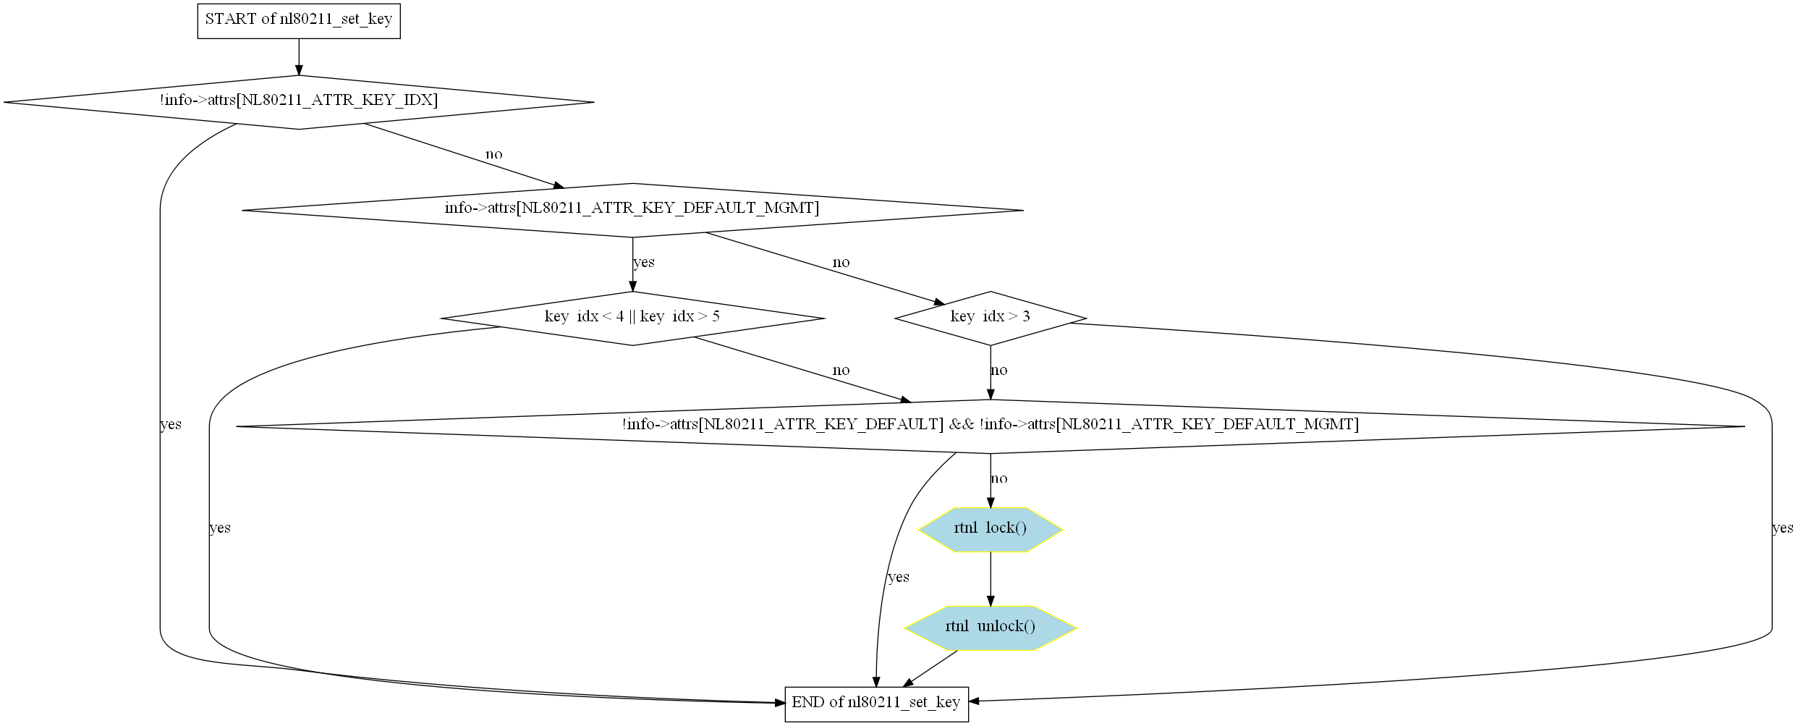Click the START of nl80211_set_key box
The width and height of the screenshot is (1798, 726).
298,20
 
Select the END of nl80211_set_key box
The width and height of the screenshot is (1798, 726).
875,702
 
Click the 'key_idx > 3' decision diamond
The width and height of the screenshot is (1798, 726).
990,318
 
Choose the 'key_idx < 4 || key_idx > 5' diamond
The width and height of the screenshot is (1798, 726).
632,318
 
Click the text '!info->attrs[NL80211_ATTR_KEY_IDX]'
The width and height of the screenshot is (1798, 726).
298,101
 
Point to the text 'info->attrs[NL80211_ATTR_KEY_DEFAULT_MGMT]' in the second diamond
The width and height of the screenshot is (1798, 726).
632,208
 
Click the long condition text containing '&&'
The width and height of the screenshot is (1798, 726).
990,425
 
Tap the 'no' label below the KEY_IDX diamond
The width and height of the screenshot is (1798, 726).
493,154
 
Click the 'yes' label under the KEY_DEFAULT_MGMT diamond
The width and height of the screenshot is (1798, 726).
643,263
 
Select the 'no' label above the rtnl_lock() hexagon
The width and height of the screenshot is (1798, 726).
998,478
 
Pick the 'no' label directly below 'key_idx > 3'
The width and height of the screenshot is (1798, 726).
998,371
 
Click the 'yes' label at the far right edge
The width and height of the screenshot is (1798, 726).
1782,528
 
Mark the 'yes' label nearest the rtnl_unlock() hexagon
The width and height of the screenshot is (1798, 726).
898,578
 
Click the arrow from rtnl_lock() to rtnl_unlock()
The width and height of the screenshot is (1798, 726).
990,579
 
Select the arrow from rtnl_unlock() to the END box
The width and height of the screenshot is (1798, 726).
931,668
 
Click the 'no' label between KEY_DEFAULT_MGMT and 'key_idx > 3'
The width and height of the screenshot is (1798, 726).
840,263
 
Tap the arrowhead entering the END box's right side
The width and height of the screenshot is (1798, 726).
974,701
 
